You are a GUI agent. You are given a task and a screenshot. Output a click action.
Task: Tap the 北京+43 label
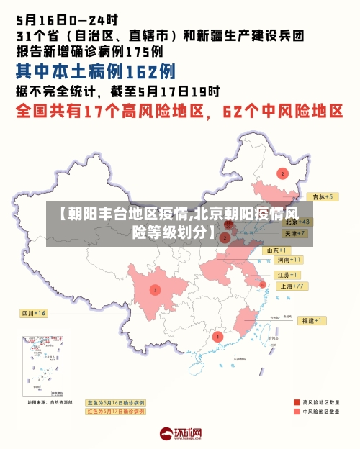296,222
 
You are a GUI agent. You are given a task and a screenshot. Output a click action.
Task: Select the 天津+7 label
295,234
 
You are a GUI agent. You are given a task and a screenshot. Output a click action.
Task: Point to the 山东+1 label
278,250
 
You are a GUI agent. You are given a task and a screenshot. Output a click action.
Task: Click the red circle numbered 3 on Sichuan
155,290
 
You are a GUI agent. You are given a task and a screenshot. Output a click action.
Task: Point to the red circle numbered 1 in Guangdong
218,336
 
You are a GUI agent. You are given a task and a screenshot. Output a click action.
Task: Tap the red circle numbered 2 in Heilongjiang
282,173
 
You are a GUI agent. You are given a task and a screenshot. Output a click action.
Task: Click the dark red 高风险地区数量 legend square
297,402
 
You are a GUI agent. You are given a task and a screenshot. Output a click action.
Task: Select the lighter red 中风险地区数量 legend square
297,412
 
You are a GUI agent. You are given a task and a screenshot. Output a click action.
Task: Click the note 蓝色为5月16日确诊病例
116,403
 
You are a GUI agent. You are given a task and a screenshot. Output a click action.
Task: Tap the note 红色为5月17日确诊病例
116,412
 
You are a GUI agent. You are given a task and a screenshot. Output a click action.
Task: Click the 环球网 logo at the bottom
180,434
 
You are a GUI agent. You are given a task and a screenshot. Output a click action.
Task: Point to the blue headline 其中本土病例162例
96,71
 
